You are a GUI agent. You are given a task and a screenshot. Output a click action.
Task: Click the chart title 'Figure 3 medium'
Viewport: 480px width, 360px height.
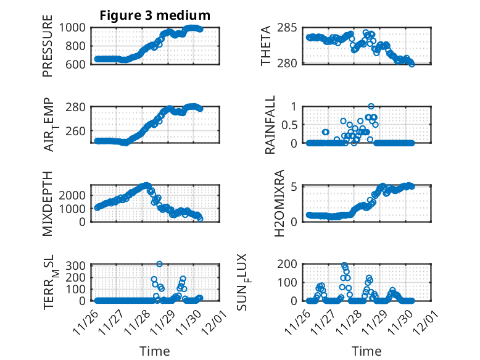[x=155, y=15]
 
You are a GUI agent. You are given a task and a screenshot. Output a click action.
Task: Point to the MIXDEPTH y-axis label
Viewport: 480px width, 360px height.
[x=48, y=204]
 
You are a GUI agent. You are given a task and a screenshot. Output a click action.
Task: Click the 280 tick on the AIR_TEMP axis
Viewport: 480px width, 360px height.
[x=80, y=107]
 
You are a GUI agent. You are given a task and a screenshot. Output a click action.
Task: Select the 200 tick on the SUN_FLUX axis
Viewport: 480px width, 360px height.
[x=292, y=264]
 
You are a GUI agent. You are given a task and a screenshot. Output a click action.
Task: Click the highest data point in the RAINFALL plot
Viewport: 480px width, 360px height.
[x=371, y=106]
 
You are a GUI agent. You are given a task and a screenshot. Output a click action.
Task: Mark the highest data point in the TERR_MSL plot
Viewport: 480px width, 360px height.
[x=159, y=264]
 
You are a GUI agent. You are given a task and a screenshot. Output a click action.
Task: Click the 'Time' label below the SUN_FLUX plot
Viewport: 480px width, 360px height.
[x=366, y=351]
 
